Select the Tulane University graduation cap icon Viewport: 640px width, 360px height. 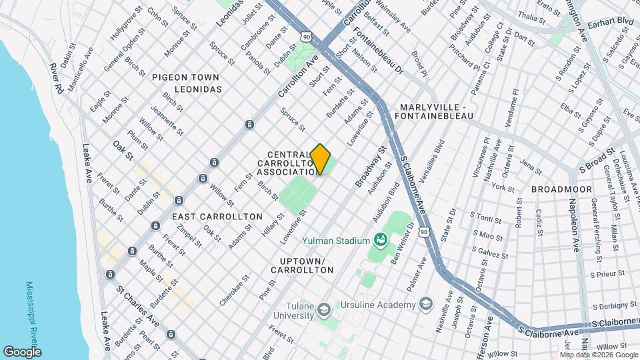click(x=324, y=310)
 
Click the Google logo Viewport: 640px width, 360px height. click(x=22, y=351)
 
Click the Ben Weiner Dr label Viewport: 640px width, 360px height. click(x=404, y=244)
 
